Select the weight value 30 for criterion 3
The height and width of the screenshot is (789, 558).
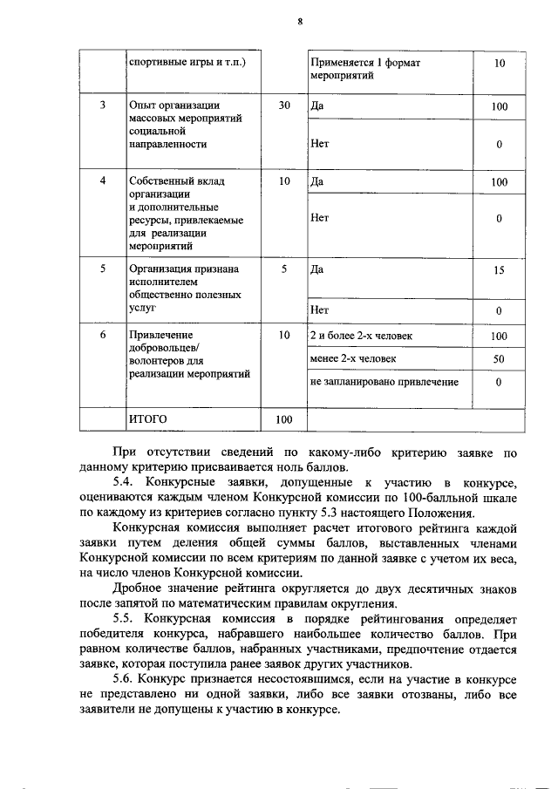click(x=284, y=106)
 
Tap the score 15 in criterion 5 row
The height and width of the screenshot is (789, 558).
click(x=499, y=270)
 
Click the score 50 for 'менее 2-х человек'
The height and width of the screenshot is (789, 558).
click(x=499, y=358)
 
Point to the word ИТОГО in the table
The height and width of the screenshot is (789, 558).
click(x=147, y=419)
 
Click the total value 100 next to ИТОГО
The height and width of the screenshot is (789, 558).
click(x=284, y=419)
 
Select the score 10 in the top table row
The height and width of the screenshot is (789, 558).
click(x=499, y=64)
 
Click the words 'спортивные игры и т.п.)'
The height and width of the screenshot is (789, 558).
click(x=187, y=64)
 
